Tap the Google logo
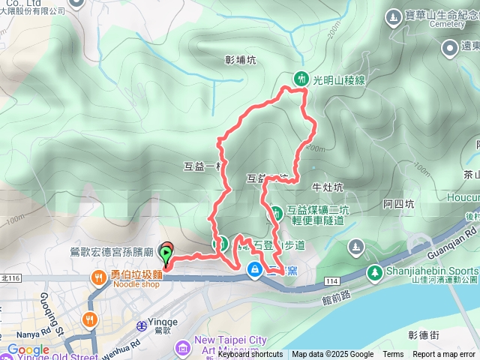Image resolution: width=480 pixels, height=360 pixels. [x=27, y=350]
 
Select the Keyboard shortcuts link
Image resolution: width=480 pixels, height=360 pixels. [x=250, y=355]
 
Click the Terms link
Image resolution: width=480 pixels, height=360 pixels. [x=393, y=355]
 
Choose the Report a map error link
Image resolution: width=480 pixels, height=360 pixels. [x=445, y=355]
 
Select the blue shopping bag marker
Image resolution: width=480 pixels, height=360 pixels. [x=256, y=268]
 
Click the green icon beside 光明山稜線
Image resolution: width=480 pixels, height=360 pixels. [x=301, y=78]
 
